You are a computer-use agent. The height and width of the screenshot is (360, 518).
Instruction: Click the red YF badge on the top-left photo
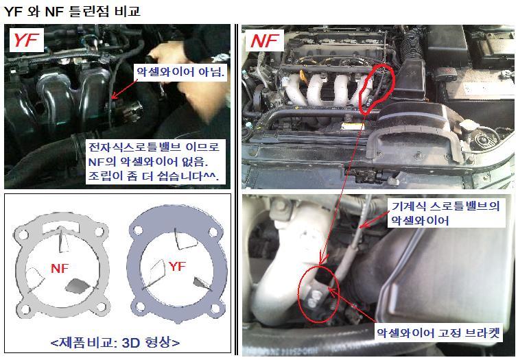(x=27, y=40)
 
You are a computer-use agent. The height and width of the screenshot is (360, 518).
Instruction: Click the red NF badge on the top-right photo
(x=264, y=40)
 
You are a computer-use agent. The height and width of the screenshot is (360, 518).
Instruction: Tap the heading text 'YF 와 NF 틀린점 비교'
(x=72, y=12)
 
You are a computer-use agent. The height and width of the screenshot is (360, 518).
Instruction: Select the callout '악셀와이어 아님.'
(x=180, y=72)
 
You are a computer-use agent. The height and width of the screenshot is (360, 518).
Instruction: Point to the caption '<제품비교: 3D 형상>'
(x=115, y=342)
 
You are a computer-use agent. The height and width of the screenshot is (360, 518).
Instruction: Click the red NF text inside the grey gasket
(x=60, y=268)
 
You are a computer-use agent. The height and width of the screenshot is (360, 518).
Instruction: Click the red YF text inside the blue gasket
(x=177, y=266)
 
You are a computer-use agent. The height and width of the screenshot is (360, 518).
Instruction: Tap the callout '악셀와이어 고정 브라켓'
(x=438, y=333)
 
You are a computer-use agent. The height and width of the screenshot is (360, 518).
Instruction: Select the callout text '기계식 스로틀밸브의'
(x=446, y=206)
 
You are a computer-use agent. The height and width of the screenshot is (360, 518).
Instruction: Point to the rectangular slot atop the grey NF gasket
(x=60, y=226)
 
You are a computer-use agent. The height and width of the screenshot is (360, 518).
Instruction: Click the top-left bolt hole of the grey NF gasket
(x=23, y=235)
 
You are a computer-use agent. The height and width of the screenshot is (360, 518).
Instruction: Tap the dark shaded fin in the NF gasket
(x=78, y=286)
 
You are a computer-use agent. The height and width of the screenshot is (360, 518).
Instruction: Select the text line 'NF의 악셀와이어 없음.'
(x=148, y=162)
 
